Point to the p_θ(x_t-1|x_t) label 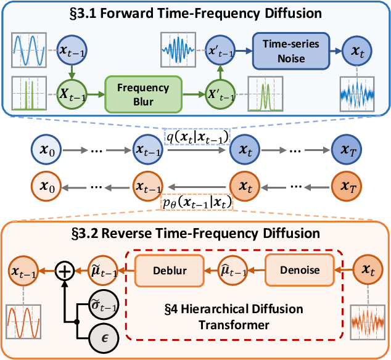tap(197, 201)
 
